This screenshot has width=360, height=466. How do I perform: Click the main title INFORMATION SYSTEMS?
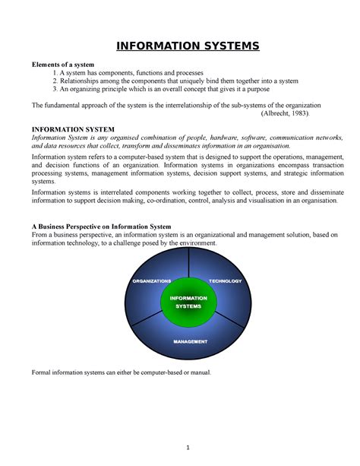click(188, 48)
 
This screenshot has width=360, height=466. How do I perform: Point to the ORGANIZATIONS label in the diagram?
click(151, 281)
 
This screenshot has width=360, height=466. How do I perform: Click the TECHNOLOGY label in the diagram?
click(225, 281)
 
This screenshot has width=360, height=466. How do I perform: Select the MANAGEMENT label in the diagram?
click(190, 341)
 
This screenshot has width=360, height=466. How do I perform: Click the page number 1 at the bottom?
click(187, 445)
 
